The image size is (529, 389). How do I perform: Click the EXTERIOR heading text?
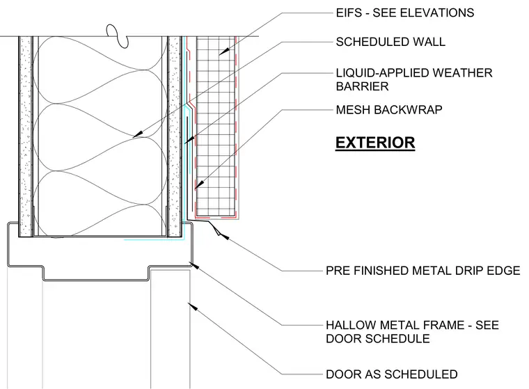pyautogui.click(x=374, y=143)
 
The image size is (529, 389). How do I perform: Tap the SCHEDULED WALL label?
pyautogui.click(x=390, y=42)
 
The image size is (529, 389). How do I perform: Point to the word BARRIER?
pyautogui.click(x=362, y=86)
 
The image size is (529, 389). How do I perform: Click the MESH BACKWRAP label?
pyautogui.click(x=389, y=110)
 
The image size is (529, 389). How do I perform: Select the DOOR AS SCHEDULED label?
pyautogui.click(x=392, y=374)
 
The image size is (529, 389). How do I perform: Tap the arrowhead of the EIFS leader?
pyautogui.click(x=224, y=51)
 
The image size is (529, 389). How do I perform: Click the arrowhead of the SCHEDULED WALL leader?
pyautogui.click(x=138, y=134)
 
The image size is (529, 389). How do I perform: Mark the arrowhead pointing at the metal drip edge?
pyautogui.click(x=225, y=237)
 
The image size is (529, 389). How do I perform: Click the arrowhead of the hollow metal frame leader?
pyautogui.click(x=194, y=265)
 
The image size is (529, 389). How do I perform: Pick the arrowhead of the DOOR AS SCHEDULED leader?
pyautogui.click(x=192, y=306)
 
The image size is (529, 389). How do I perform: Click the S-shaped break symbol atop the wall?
pyautogui.click(x=118, y=36)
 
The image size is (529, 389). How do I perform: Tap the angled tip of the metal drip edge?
pyautogui.click(x=219, y=234)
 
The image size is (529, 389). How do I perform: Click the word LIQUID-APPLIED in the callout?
pyautogui.click(x=381, y=73)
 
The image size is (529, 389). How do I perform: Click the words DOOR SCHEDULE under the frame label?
pyautogui.click(x=378, y=338)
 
